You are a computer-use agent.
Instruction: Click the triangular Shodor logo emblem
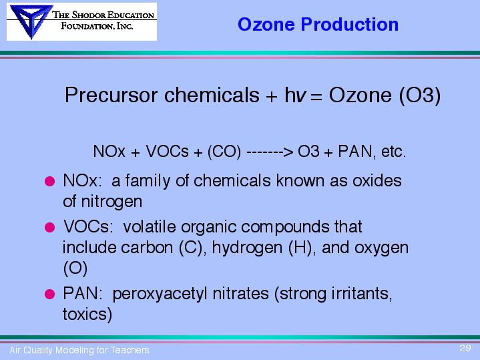[31, 21]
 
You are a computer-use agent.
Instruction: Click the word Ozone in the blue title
[266, 24]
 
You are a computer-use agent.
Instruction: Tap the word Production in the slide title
[350, 24]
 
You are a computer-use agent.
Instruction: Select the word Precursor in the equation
[111, 95]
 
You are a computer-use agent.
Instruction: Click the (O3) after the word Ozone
[420, 96]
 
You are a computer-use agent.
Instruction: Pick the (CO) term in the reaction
[224, 152]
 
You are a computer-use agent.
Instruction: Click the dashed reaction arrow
[270, 152]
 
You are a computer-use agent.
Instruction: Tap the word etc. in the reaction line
[394, 152]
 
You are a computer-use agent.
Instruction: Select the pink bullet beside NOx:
[49, 181]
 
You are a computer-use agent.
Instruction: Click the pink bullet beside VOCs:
[49, 227]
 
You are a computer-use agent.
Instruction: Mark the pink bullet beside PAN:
[49, 294]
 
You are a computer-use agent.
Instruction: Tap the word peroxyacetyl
[160, 294]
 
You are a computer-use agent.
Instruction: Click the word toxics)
[87, 315]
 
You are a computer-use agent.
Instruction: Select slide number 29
[465, 348]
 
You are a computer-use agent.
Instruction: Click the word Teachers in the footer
[130, 350]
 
